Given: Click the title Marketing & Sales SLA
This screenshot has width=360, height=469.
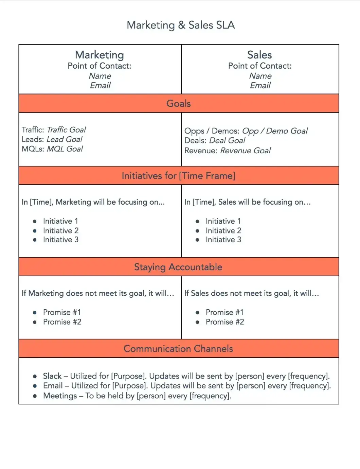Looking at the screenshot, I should [180, 25].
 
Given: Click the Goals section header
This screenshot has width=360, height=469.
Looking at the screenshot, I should [179, 104].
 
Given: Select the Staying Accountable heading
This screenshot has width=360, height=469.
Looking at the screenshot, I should [178, 267].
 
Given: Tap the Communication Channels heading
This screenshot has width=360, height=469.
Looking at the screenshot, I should [178, 349].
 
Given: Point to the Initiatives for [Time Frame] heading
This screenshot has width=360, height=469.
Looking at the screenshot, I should [179, 176].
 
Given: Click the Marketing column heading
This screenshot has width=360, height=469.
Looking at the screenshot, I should [100, 55].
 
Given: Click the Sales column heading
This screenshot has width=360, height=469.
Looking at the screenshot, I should [259, 55].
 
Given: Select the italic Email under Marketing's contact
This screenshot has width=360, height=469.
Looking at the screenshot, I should [100, 86].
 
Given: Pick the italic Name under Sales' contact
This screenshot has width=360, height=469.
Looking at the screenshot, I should [260, 76].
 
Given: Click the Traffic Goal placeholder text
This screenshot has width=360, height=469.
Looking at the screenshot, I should [66, 130].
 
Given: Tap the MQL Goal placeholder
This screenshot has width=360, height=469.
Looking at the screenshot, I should [65, 149].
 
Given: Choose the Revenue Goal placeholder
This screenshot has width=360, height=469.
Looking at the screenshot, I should [246, 151].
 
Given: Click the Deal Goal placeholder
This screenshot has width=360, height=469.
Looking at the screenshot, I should [227, 141].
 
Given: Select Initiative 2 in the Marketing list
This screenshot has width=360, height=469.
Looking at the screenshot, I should [61, 230].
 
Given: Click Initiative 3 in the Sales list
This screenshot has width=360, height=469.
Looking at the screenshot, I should [223, 240].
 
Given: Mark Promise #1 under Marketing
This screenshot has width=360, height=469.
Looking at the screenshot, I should [62, 312].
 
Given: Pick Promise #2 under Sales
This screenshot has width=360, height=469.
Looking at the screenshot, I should [225, 322].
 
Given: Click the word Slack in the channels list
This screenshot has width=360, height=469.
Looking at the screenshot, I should [52, 376].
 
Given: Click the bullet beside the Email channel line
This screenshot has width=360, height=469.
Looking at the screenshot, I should [35, 386].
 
